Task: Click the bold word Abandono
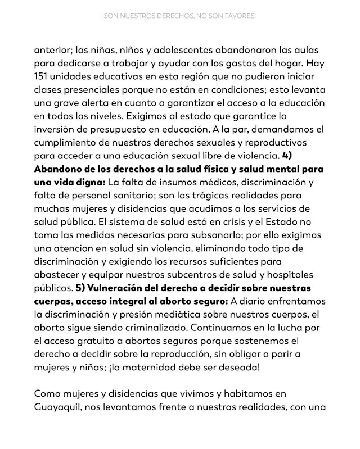(59, 167)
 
